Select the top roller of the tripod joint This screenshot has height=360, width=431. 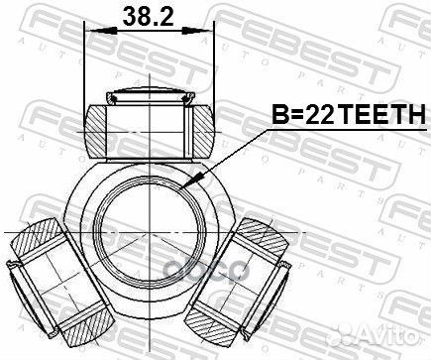click(x=151, y=126)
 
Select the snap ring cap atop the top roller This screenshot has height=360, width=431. click(x=151, y=96)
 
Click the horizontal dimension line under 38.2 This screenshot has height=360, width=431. click(x=151, y=30)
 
